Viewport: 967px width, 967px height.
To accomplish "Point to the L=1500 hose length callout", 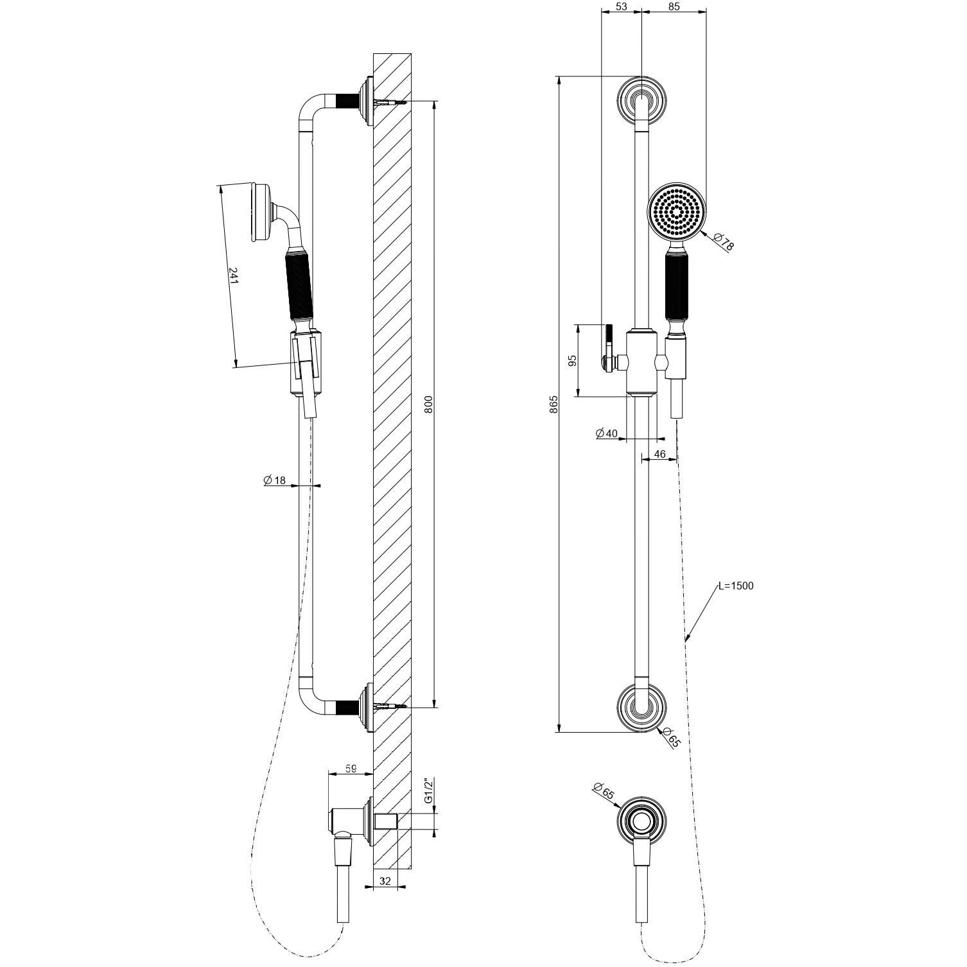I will [x=736, y=586].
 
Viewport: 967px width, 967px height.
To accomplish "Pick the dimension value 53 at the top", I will [x=621, y=7].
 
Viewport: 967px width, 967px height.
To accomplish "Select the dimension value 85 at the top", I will [x=674, y=7].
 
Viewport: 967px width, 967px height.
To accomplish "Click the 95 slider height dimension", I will [x=573, y=360].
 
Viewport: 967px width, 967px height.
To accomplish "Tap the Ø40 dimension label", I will [x=607, y=433].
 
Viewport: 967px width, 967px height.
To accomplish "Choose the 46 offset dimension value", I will [x=659, y=454].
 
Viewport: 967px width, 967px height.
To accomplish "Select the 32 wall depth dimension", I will [x=385, y=882].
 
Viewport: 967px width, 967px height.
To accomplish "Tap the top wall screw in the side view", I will [x=392, y=101].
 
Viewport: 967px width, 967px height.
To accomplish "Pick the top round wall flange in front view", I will [x=642, y=100].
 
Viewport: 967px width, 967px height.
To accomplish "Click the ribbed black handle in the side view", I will [x=299, y=286].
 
